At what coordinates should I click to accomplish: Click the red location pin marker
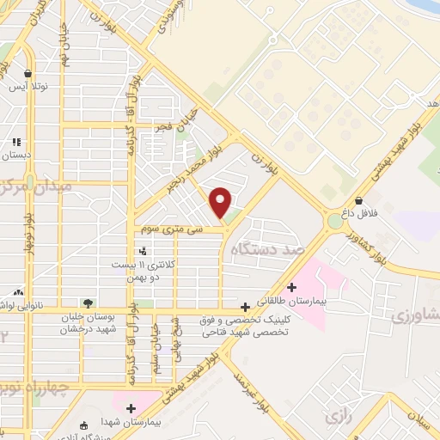[x=221, y=202]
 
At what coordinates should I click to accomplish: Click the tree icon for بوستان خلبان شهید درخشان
[x=88, y=302]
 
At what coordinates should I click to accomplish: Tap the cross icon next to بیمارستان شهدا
[x=131, y=409]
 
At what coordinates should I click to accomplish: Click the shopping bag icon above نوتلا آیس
[x=29, y=73]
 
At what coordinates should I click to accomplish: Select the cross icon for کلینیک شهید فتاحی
[x=246, y=306]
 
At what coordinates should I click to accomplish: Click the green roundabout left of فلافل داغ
[x=333, y=222]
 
